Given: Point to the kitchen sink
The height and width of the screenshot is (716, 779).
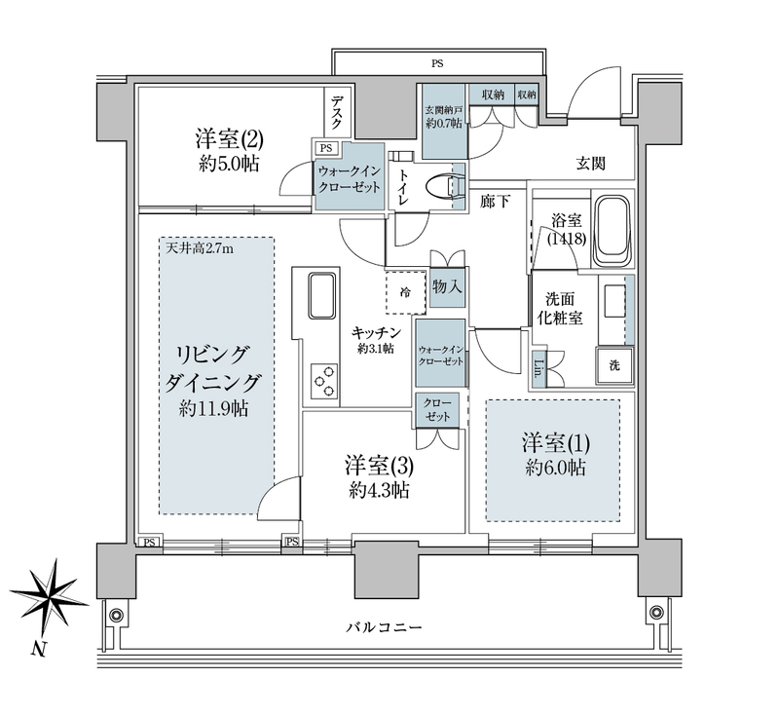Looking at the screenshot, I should (322, 295).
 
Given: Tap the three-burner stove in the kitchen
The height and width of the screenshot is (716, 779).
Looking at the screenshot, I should (322, 380).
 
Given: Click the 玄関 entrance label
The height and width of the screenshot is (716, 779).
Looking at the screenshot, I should (590, 164).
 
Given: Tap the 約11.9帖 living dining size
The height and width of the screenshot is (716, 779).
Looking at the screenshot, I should (213, 409).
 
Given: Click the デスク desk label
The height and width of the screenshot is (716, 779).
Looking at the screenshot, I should (342, 108).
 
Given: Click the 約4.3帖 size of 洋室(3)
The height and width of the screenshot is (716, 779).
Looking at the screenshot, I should (375, 490).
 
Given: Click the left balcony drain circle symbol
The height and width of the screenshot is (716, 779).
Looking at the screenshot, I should (116, 615).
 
